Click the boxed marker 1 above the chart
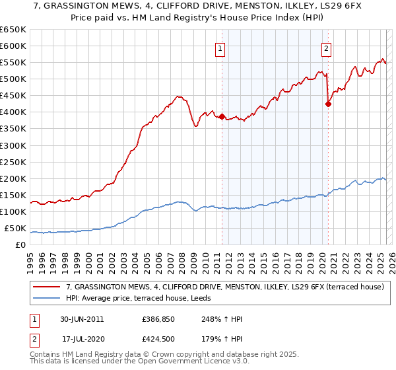coord(218,48)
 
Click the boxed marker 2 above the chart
coord(326,48)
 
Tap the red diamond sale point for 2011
coord(222,116)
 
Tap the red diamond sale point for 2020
coord(328,103)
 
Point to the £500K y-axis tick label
coord(13,79)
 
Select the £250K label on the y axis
coord(13,162)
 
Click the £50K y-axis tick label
coord(15,229)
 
